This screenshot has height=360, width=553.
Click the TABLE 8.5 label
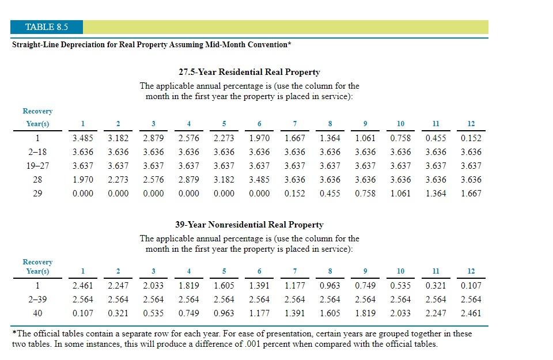coord(47,27)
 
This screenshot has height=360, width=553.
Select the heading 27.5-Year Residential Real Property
coord(249,72)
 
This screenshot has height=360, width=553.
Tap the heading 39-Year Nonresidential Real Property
coord(249,225)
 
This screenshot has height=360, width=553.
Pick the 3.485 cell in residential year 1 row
coord(83,138)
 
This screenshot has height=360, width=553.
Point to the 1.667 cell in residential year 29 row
coord(471,194)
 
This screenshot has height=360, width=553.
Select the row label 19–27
coord(37,166)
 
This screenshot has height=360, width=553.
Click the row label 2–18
coord(37,152)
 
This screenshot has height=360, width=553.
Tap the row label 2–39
coord(37,300)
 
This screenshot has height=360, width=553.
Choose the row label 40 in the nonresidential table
coord(37,313)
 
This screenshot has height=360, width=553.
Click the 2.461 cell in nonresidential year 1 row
coord(83,286)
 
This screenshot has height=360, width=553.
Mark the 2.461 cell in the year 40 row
coord(471,313)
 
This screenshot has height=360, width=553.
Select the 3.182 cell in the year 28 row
coord(224,180)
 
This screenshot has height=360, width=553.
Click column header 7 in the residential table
coord(295,124)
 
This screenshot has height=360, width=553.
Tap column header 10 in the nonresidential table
coord(400,271)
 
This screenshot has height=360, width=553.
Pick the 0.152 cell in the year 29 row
coord(295,194)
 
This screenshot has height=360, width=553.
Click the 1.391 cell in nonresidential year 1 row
coord(259,286)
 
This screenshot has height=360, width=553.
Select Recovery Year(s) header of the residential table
coord(37,118)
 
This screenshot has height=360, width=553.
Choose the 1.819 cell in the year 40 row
coord(365,313)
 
